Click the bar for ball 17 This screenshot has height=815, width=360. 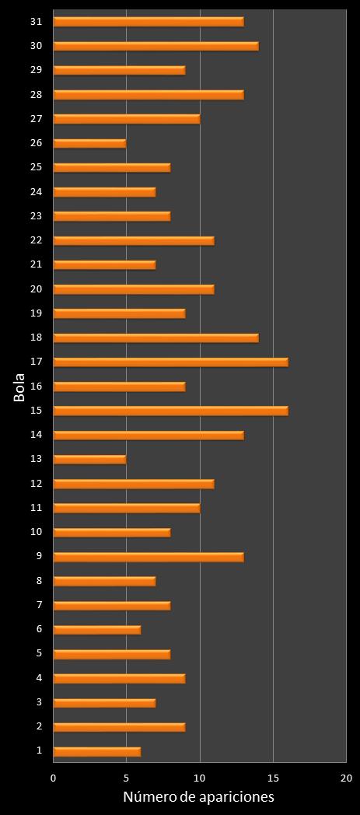point(170,362)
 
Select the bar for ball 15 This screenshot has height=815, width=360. point(170,411)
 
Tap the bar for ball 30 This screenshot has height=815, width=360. point(156,46)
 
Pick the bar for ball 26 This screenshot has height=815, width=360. point(89,143)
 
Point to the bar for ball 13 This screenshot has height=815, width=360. point(89,459)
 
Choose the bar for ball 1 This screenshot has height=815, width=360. point(96,751)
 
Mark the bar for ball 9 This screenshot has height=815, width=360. point(149,557)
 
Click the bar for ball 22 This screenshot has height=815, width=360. point(134,240)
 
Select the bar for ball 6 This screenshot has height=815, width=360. point(96,629)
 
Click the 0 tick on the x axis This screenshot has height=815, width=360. point(54,778)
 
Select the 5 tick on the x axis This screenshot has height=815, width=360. point(127,778)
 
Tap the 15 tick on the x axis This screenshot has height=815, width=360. point(273,778)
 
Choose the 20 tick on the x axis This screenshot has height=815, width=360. point(346,778)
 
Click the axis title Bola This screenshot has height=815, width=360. point(19,388)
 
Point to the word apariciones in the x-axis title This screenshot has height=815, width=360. point(234,798)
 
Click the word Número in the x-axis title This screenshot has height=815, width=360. point(147,797)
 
